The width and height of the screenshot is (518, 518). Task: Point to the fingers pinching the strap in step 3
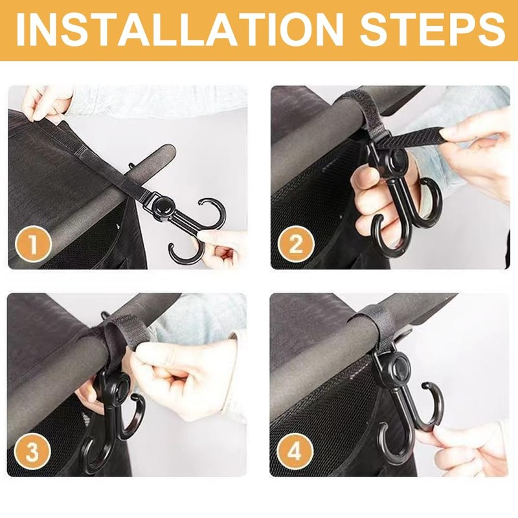point(159,363)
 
